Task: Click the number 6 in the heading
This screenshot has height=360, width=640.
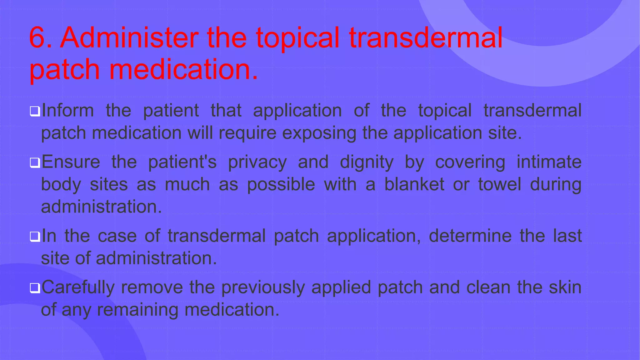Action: pos(37,38)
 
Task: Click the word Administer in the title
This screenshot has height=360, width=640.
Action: pos(129,38)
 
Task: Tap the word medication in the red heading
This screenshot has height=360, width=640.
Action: pos(183,69)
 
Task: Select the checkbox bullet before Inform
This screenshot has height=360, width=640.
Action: pos(35,112)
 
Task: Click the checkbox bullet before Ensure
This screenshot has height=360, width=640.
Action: pos(35,163)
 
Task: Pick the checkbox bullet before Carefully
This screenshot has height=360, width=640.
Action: pos(35,288)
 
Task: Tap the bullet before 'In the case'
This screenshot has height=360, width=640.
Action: pos(35,237)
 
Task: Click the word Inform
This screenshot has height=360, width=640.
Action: pos(68,111)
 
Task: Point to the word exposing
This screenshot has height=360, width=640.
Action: pos(319,133)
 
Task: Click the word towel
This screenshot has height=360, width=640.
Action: pos(499,184)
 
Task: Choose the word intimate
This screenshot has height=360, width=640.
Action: pos(549,162)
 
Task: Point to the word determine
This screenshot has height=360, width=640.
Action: pos(470,236)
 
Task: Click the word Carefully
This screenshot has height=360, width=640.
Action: pos(78,287)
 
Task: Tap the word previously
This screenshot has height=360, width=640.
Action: pos(263,287)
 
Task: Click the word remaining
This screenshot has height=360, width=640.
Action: pos(137,310)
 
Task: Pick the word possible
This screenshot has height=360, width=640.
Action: pos(281,184)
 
